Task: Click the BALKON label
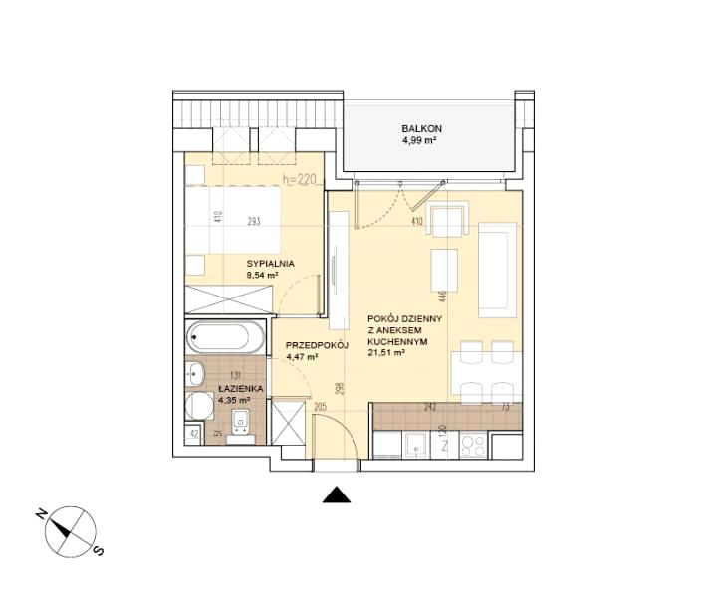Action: [x=421, y=129]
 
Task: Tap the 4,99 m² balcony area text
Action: [x=419, y=140]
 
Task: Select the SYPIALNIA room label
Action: [x=271, y=264]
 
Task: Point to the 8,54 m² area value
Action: [x=262, y=275]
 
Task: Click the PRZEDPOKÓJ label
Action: [x=318, y=346]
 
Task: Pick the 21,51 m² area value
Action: [x=385, y=353]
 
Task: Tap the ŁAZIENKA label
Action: [x=241, y=388]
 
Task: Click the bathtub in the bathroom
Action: [x=225, y=337]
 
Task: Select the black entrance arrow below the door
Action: [x=337, y=494]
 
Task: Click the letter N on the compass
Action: [x=41, y=515]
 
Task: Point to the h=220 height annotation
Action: [x=300, y=180]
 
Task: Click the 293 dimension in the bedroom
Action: [x=254, y=221]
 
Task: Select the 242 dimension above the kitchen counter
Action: [x=430, y=408]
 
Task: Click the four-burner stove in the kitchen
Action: [x=473, y=445]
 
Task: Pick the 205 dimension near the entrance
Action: [x=320, y=408]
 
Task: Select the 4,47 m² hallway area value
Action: [x=302, y=357]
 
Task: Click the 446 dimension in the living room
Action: [x=442, y=296]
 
